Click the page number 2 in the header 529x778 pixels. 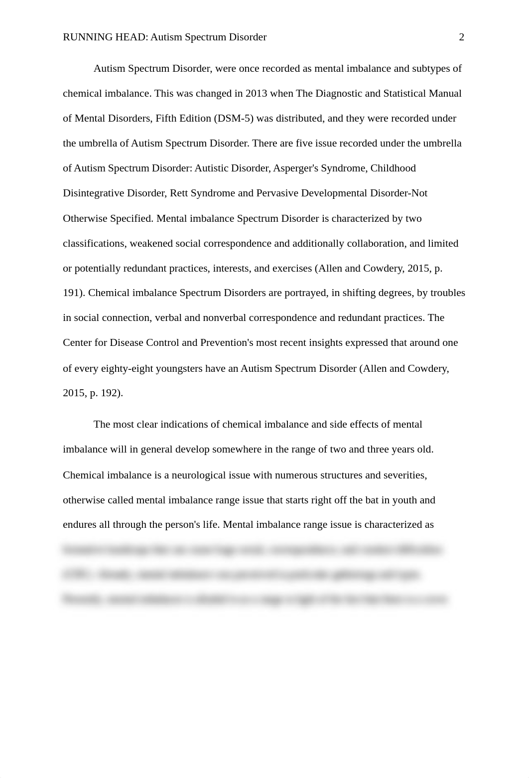(461, 37)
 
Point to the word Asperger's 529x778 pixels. (297, 168)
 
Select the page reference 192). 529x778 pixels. (112, 393)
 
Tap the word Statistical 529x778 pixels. (406, 94)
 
